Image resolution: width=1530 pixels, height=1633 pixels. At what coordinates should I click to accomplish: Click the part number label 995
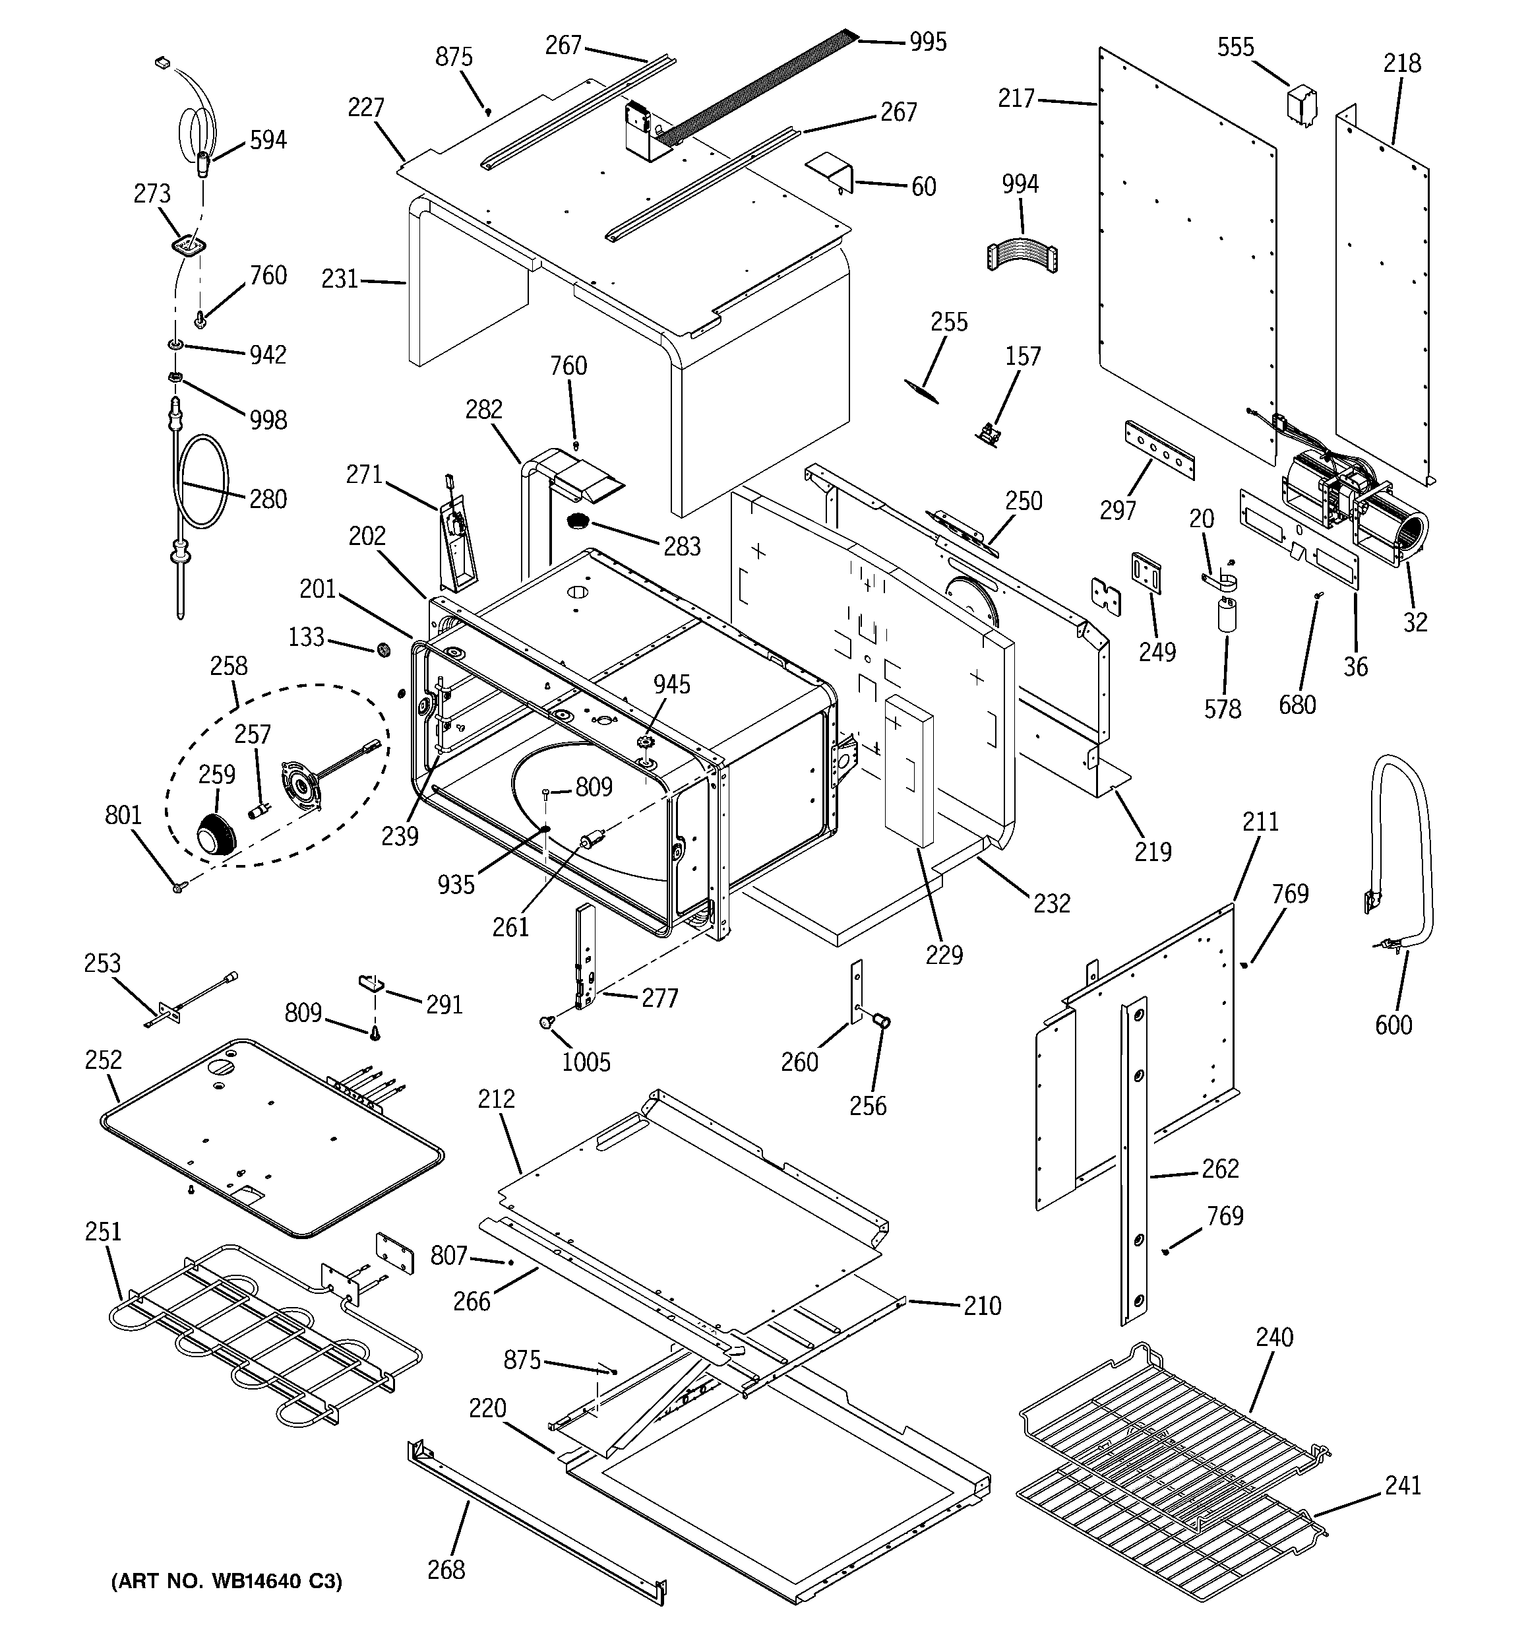coord(927,42)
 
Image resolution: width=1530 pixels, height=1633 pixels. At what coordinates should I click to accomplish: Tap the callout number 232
coord(1051,903)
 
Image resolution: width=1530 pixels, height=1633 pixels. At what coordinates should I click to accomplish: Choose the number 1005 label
coord(586,1062)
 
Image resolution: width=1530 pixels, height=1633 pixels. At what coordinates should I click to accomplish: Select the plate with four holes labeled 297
coord(1159,450)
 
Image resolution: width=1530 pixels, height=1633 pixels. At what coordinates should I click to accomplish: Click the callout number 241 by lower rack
coord(1403,1485)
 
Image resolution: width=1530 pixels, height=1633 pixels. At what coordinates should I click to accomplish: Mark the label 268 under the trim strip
coord(446,1570)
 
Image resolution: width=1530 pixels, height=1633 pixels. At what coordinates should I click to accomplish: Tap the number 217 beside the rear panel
coord(1016,98)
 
